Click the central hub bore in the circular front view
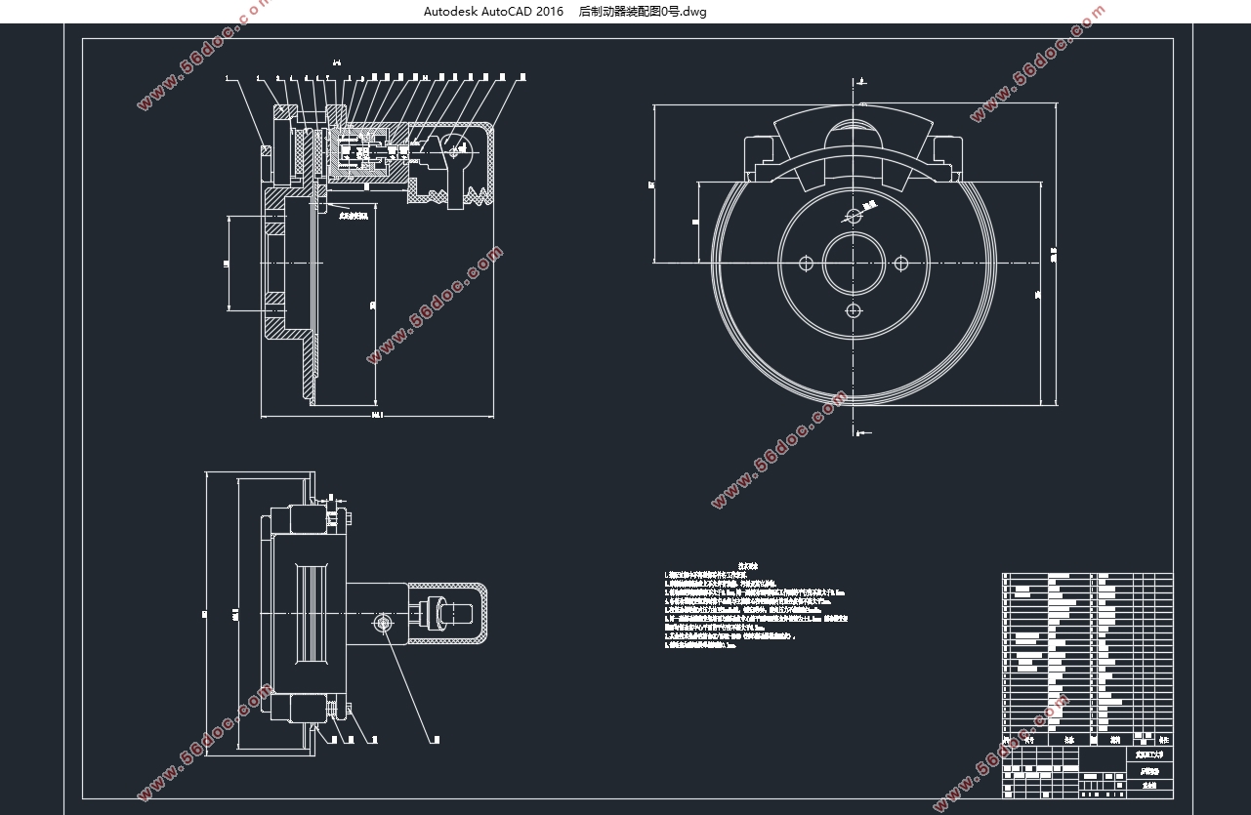click(x=854, y=263)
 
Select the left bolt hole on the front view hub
click(x=806, y=263)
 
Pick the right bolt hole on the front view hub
click(x=901, y=263)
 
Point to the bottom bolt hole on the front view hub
click(x=854, y=310)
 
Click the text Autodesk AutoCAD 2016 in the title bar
click(x=493, y=12)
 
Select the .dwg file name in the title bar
click(x=642, y=12)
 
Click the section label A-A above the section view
click(x=336, y=62)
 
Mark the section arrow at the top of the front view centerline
click(x=859, y=81)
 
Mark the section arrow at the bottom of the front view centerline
click(x=858, y=430)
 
